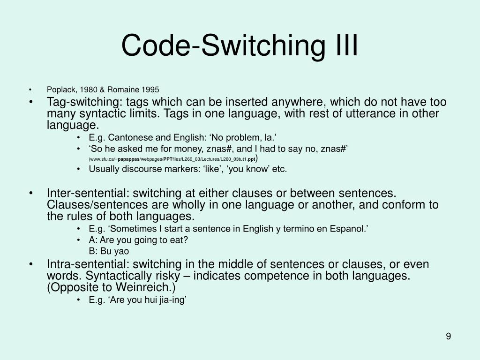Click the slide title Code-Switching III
pos(240,45)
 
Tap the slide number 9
pos(449,336)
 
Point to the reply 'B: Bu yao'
pos(109,251)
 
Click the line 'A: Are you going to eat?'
pos(138,240)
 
